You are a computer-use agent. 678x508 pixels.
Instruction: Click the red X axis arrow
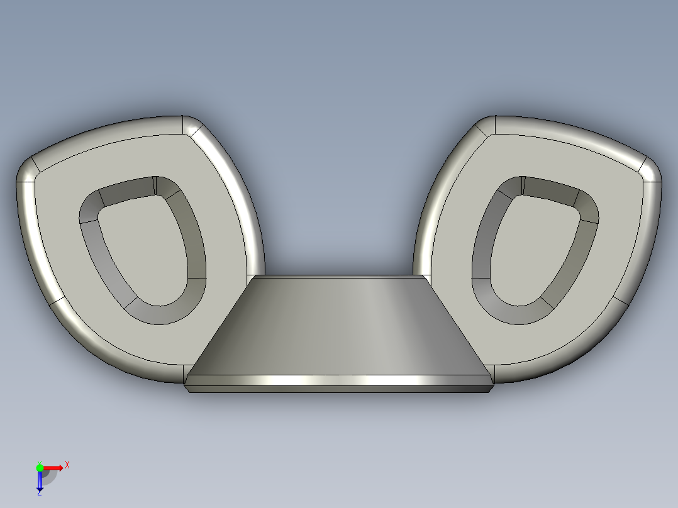[54, 468]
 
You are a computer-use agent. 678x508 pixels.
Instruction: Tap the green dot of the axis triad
[40, 467]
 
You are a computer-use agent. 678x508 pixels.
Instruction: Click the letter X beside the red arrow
[67, 465]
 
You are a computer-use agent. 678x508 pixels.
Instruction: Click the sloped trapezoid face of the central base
[340, 327]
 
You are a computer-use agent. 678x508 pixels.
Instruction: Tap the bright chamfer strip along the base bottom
[340, 380]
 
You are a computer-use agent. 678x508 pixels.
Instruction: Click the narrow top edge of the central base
[340, 277]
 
